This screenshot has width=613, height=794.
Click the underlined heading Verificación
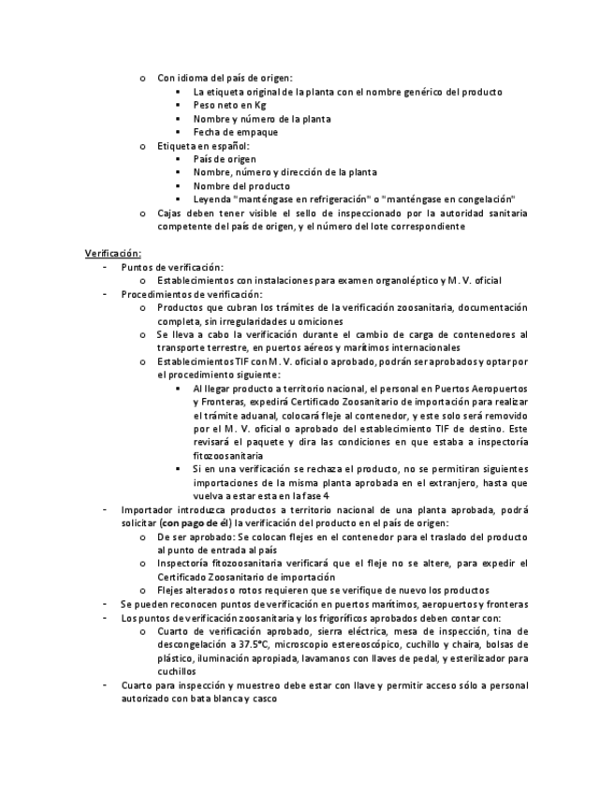112,253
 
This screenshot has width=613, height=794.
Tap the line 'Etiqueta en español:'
203,146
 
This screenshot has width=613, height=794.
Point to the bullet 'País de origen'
225,159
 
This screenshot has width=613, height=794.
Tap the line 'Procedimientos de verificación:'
192,293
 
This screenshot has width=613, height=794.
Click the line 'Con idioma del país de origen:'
225,79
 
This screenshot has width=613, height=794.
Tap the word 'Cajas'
170,213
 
